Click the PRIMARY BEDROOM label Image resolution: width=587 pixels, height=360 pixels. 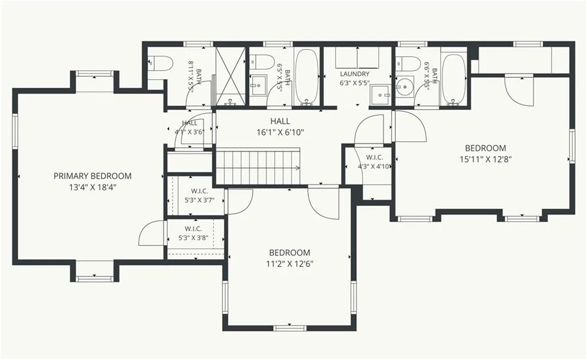coord(92,176)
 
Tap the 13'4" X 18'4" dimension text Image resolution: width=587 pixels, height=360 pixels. coord(92,187)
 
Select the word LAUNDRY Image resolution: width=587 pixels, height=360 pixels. coord(355,74)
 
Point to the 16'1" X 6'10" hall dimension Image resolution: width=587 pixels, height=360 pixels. coord(280,132)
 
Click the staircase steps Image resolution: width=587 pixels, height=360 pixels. coord(259,167)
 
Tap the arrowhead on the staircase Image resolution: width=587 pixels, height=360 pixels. coord(298,168)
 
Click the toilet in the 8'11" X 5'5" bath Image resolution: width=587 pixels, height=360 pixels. coord(161,63)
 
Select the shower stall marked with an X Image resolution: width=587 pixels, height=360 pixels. coord(231,76)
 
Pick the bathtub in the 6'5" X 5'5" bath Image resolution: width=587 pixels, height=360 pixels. coord(307,76)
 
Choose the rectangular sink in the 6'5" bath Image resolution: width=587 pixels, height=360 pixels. coord(258,85)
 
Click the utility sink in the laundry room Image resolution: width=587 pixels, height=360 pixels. coord(381,96)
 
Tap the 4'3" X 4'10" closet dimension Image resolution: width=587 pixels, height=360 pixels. coord(374,166)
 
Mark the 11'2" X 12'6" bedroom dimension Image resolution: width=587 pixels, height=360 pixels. coord(289,264)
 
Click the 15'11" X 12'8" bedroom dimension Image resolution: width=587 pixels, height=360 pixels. coord(486,159)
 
